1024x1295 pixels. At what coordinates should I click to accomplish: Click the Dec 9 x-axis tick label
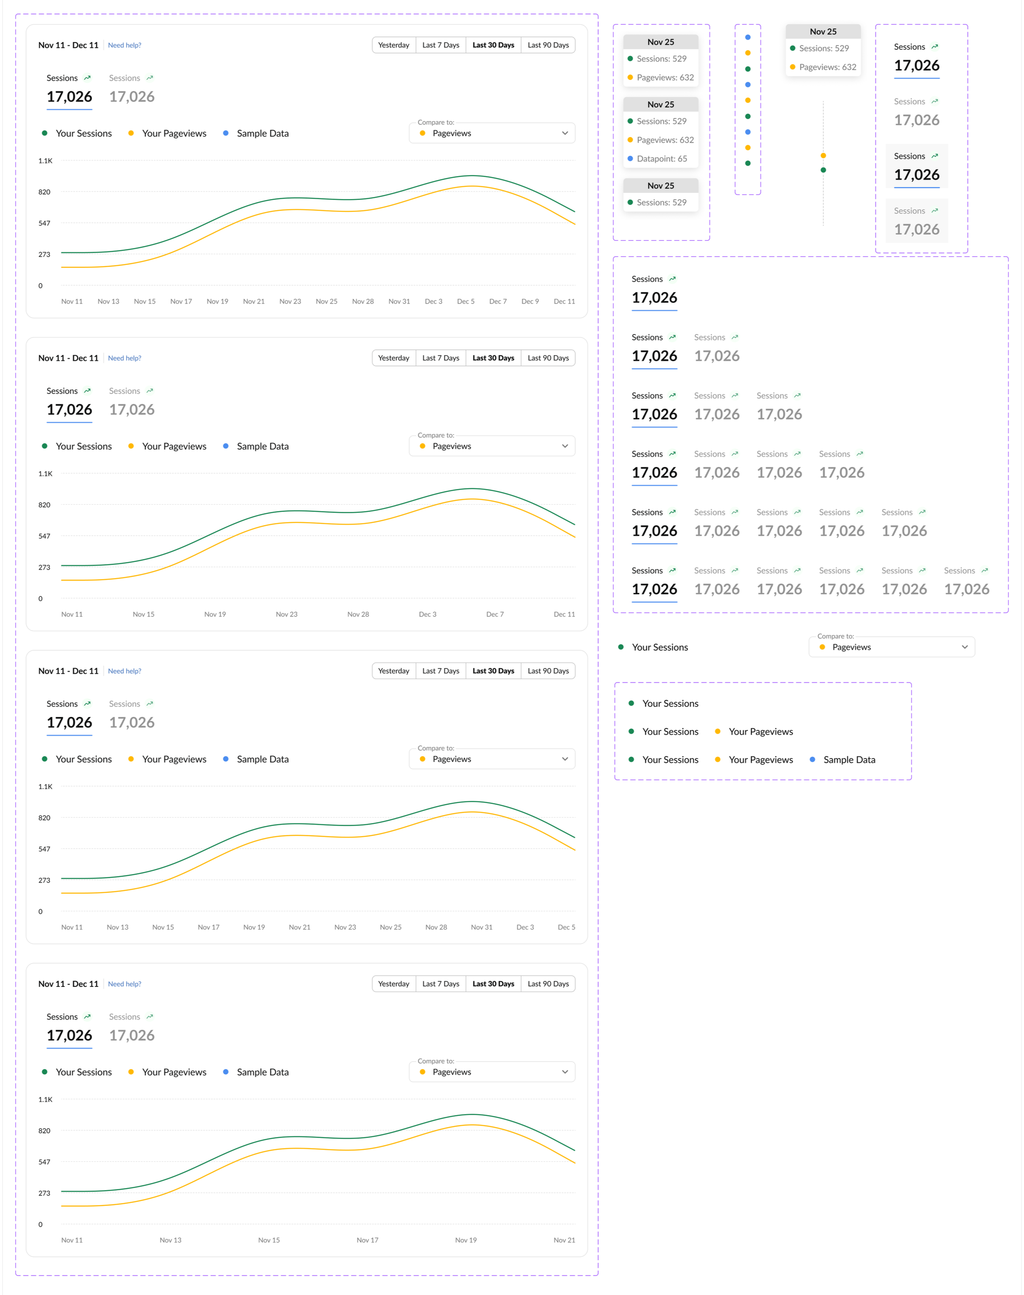point(530,301)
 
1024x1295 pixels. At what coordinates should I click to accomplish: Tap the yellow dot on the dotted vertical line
point(823,156)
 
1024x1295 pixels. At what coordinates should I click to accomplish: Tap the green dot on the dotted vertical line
point(823,170)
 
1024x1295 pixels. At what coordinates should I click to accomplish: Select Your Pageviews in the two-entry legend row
point(760,731)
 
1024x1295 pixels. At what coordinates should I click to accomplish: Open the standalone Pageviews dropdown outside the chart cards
point(892,647)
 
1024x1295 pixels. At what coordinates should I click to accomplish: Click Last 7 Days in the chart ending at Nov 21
point(440,984)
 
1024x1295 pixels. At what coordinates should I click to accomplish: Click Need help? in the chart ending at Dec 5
point(125,671)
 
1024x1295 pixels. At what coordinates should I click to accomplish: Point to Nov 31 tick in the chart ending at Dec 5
point(481,927)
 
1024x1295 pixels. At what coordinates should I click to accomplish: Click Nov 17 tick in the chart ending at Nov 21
point(367,1240)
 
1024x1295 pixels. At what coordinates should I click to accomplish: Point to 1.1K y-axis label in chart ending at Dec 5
point(45,787)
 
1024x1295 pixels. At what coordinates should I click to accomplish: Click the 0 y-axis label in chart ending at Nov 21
point(41,1224)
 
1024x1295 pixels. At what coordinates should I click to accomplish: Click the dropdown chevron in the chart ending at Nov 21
point(565,1072)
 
